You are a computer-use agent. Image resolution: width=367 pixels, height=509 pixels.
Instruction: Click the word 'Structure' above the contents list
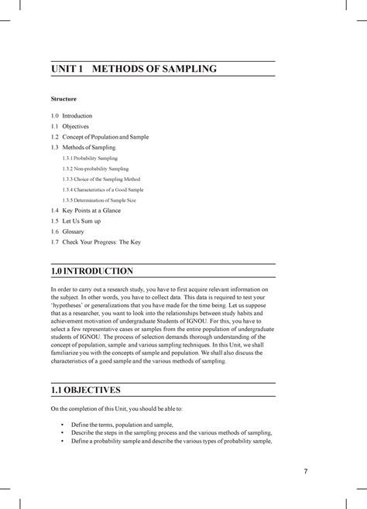[63, 100]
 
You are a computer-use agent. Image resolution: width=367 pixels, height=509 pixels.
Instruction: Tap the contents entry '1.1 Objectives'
[70, 126]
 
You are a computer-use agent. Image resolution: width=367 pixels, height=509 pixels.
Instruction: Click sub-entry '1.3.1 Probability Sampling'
[91, 158]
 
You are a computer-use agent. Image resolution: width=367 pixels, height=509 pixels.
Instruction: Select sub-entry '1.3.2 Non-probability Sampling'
[97, 168]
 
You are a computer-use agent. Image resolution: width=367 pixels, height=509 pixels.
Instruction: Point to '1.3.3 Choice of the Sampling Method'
[104, 179]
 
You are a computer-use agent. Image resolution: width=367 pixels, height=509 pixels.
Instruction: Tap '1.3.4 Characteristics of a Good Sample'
[105, 189]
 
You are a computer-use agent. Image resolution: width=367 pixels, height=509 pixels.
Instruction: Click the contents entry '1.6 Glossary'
[67, 231]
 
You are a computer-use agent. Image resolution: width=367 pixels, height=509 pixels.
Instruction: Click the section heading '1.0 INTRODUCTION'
[91, 272]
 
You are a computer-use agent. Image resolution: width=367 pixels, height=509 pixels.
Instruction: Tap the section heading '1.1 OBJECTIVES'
[85, 390]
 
